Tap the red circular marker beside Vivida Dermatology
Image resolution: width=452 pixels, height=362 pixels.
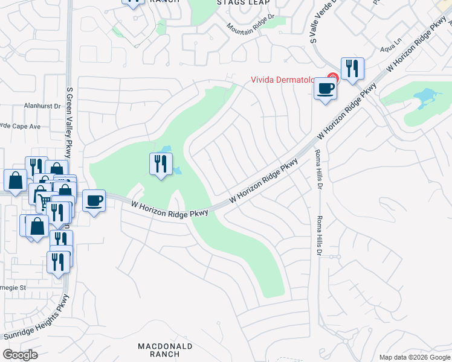[332, 77]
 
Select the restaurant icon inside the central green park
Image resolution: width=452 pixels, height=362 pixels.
[161, 164]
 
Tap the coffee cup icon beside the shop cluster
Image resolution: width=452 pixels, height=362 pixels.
[93, 200]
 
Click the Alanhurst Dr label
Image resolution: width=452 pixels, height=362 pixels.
[42, 105]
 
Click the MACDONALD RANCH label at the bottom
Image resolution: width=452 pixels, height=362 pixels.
[165, 350]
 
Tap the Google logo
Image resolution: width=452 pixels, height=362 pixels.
[21, 354]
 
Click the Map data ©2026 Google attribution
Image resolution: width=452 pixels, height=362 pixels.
[415, 357]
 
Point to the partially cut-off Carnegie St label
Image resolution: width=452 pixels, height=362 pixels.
[13, 288]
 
